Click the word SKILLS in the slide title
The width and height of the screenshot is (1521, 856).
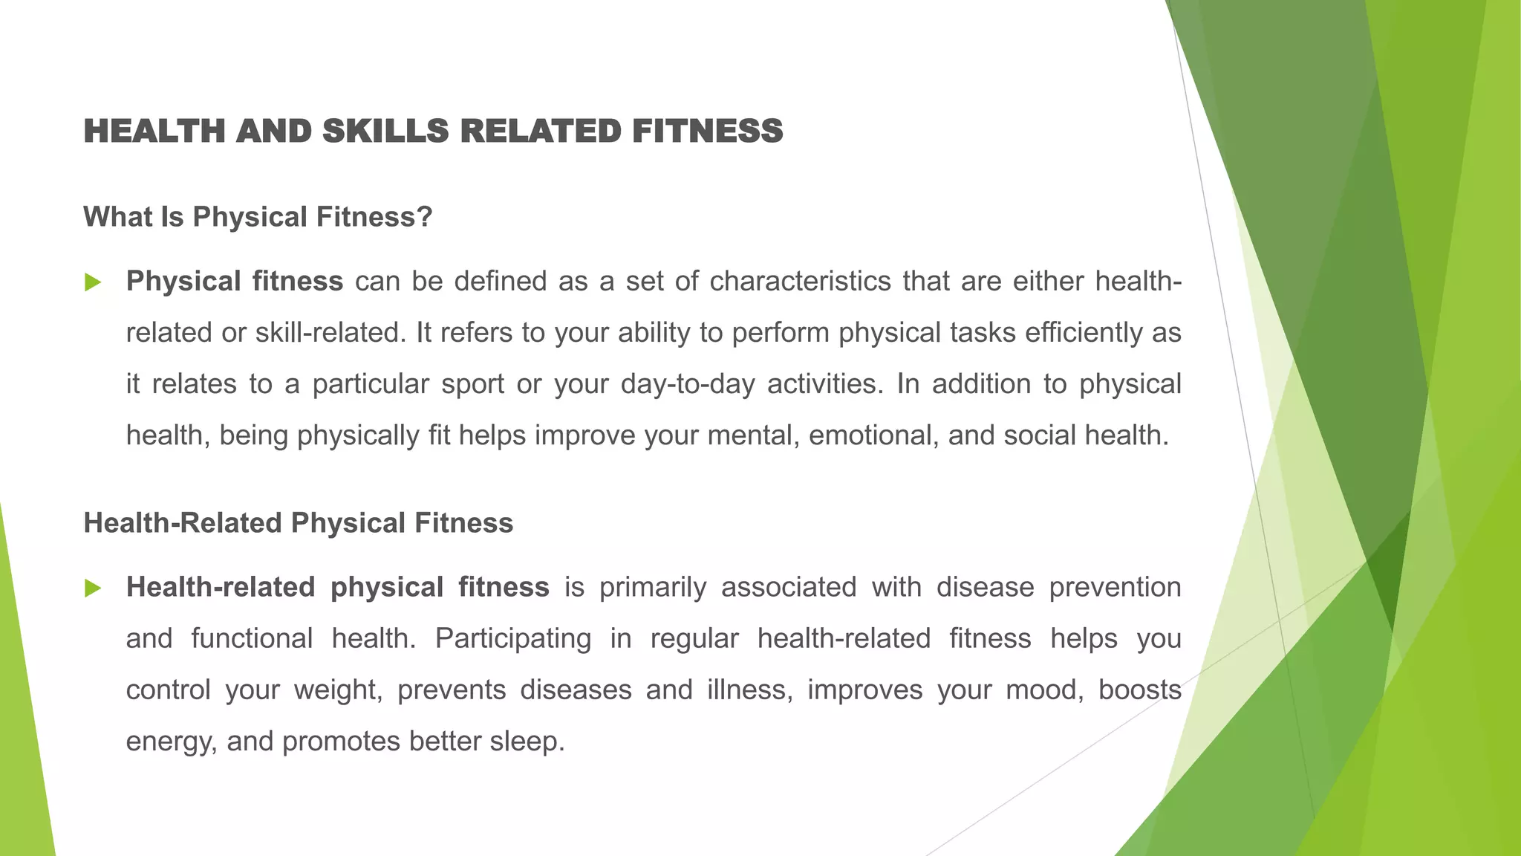[x=385, y=132]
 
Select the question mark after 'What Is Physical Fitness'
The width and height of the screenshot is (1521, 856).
[x=425, y=217]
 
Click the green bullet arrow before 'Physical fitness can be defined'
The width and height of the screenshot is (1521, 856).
[x=93, y=282]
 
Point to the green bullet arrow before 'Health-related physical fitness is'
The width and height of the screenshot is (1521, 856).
[x=93, y=588]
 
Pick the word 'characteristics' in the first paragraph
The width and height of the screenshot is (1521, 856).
[x=800, y=282]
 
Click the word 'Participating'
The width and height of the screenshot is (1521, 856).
[x=513, y=639]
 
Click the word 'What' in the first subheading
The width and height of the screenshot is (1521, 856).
[x=113, y=217]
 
